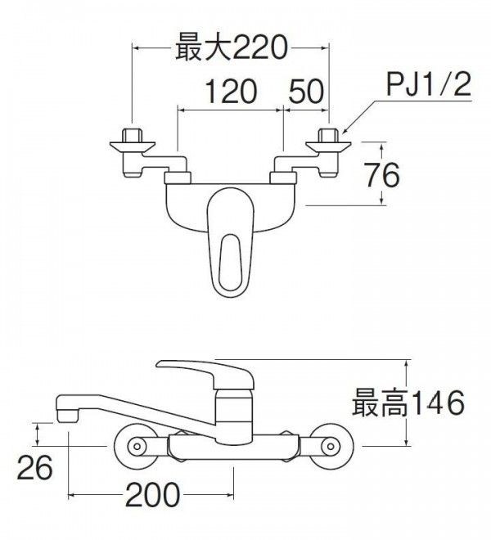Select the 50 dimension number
click(305, 91)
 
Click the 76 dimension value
click(379, 175)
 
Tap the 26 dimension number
click(35, 469)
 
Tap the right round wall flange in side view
click(329, 447)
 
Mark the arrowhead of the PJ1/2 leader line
click(345, 131)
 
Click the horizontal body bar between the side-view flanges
click(232, 447)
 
